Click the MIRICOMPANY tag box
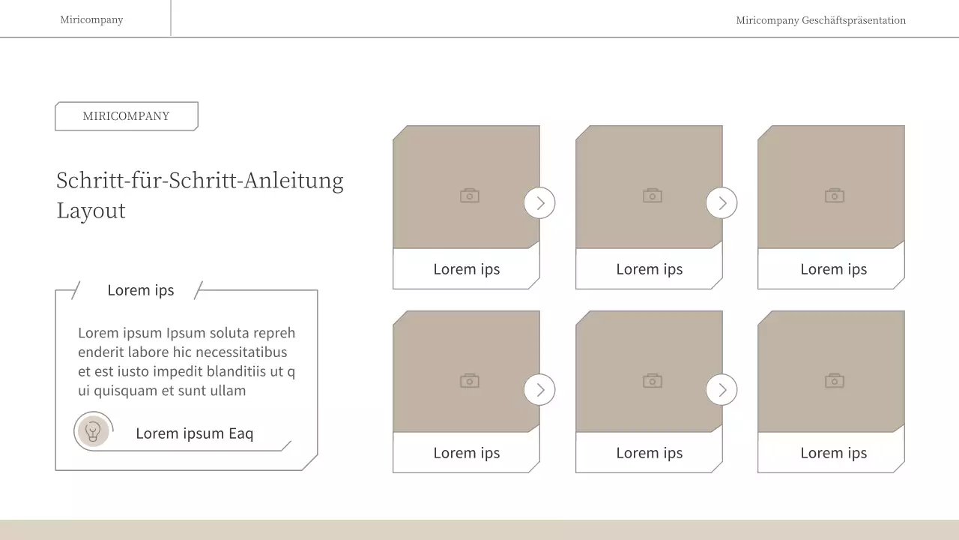click(x=127, y=116)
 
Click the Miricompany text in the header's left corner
click(x=91, y=19)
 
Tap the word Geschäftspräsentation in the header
click(x=853, y=20)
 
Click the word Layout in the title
click(x=91, y=211)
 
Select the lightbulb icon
click(x=93, y=431)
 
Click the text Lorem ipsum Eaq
click(x=194, y=433)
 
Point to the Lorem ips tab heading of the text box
click(x=140, y=290)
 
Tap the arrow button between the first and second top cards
click(x=539, y=202)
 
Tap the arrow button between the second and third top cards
click(x=721, y=202)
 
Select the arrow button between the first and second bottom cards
click(x=539, y=389)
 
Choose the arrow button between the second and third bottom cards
click(x=721, y=389)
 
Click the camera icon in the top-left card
click(x=470, y=196)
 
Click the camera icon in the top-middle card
click(x=653, y=196)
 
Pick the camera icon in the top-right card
click(x=835, y=196)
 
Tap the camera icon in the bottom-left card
click(x=470, y=380)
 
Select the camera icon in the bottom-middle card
click(x=653, y=380)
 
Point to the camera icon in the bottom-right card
click(x=835, y=380)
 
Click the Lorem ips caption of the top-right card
click(x=834, y=269)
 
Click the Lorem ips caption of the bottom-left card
click(x=467, y=453)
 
